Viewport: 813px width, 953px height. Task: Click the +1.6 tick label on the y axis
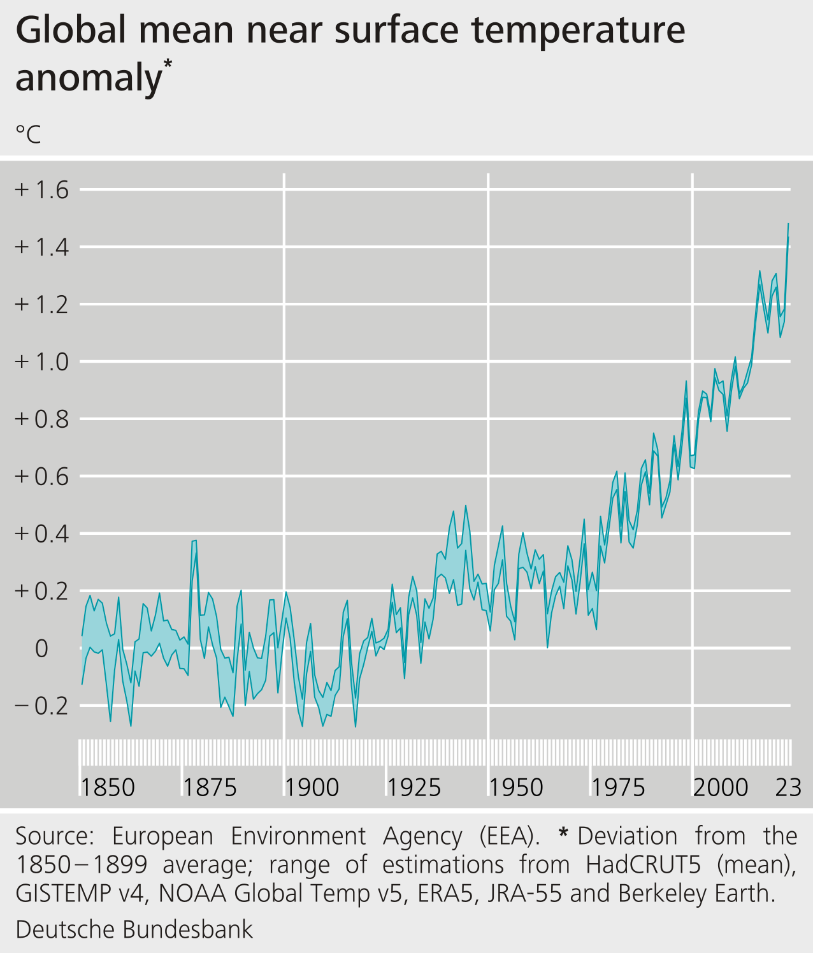(x=42, y=190)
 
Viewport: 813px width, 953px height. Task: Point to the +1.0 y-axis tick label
(x=42, y=362)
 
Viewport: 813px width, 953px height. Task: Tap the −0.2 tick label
(x=42, y=706)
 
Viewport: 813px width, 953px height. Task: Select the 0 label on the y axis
(x=41, y=648)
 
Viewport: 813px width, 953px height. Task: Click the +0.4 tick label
(x=42, y=534)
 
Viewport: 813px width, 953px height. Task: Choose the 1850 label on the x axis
(x=108, y=788)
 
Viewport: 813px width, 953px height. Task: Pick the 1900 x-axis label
(x=312, y=788)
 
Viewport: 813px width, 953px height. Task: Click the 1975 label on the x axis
(x=618, y=788)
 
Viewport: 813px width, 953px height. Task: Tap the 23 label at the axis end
(x=788, y=788)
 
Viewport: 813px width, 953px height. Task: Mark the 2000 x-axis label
(x=721, y=788)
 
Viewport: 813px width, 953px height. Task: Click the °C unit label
(x=28, y=135)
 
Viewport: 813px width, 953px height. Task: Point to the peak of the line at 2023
(x=788, y=224)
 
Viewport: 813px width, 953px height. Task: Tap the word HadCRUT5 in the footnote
(x=644, y=865)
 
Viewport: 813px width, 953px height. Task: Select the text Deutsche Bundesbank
(x=134, y=929)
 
